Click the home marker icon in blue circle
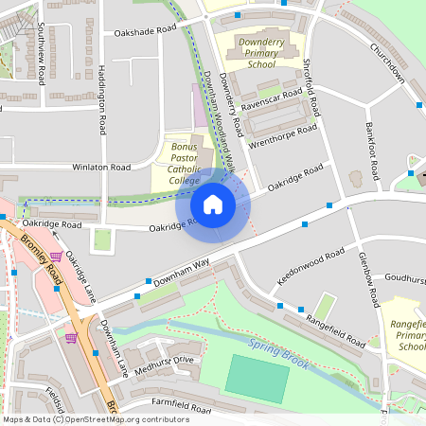click(213, 204)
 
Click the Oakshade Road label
click(145, 31)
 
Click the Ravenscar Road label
click(271, 98)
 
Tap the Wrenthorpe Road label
click(281, 137)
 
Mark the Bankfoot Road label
click(375, 151)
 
